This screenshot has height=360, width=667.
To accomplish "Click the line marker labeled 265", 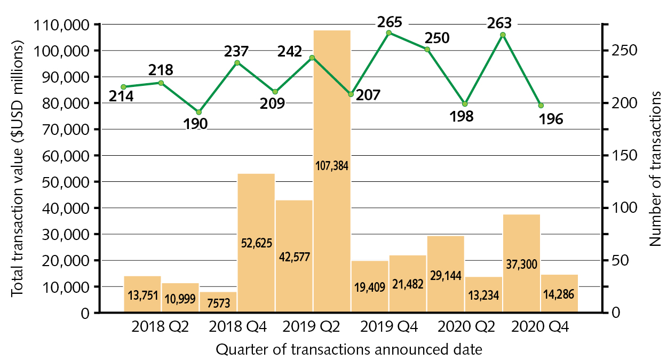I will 388,33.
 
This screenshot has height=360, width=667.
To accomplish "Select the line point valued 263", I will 503,35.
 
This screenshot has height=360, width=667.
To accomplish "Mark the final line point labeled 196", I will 541,106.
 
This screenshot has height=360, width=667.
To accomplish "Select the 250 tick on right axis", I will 621,51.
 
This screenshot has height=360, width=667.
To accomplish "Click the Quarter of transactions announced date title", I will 350,350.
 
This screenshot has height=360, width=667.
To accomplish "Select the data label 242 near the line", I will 290,52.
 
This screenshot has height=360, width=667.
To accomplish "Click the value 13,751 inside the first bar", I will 142,295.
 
